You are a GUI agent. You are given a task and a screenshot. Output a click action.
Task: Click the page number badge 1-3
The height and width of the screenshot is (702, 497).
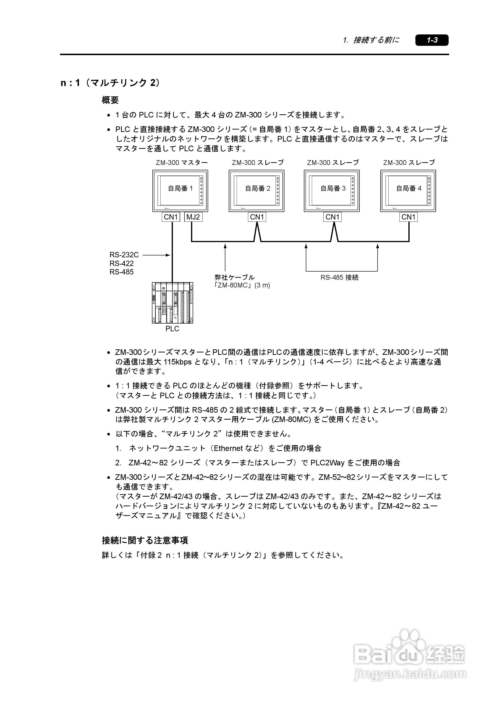tap(432, 40)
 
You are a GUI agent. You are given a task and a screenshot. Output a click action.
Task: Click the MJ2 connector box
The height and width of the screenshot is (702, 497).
tap(193, 217)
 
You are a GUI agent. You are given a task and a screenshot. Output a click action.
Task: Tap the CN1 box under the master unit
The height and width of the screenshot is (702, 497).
tap(171, 217)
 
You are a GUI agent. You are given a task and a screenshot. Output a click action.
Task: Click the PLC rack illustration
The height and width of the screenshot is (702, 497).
tap(172, 303)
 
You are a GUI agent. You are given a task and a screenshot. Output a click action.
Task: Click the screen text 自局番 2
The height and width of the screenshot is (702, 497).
tap(258, 188)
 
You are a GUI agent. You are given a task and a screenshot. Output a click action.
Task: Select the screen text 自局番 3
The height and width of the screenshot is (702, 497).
tap(333, 188)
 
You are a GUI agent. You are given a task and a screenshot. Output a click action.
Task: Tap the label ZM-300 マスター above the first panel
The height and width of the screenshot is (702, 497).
tap(182, 163)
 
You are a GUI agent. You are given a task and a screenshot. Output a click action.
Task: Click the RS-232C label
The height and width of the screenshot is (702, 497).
tap(124, 255)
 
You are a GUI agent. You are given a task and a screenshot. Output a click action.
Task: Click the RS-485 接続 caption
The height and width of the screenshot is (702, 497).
tap(339, 277)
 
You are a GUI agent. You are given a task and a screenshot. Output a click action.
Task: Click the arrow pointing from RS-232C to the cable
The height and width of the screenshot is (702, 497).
tap(156, 255)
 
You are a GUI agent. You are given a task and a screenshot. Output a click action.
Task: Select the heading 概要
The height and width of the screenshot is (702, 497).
tap(110, 100)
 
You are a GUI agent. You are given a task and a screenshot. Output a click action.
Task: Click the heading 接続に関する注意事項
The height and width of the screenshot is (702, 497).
tap(145, 540)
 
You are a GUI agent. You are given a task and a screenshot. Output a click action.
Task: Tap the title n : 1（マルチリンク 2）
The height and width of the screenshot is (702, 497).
tap(110, 83)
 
